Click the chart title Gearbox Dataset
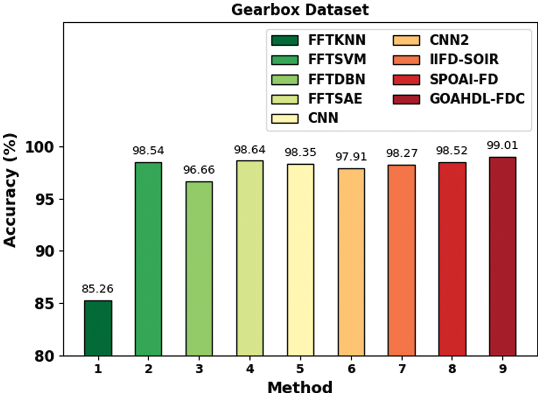tap(300, 10)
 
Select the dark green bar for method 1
tap(98, 328)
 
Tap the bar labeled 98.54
tap(148, 259)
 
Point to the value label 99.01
tap(502, 146)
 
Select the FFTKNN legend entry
tap(318, 40)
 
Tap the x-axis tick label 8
tap(452, 369)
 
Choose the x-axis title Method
tap(300, 387)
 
